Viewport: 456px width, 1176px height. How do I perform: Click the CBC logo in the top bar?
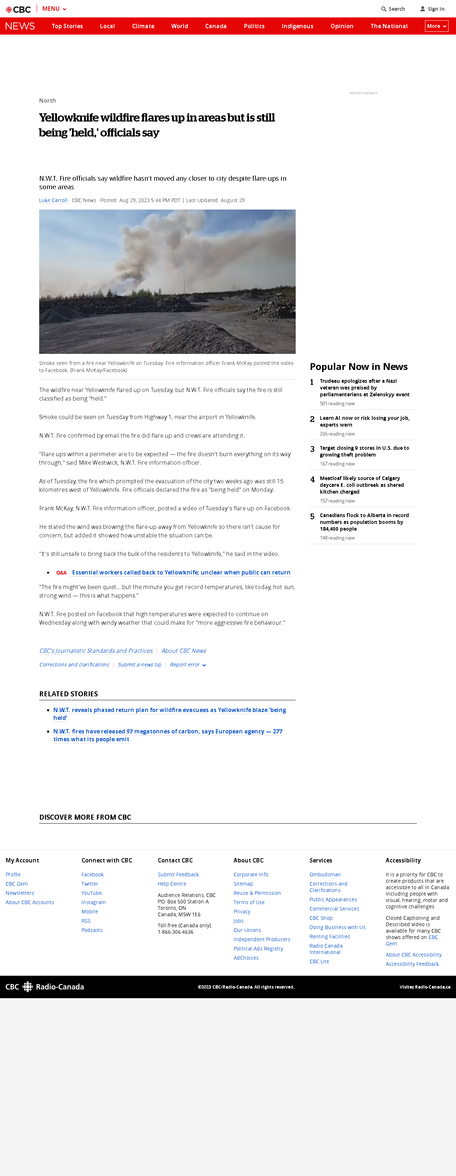tap(18, 9)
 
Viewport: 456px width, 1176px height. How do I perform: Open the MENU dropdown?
tap(54, 9)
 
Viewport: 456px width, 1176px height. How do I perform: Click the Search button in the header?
tap(393, 9)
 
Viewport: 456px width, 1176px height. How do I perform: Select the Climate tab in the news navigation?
tap(143, 26)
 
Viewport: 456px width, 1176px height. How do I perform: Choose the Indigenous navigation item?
tap(297, 26)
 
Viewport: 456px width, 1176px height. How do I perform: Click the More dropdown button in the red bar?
tap(436, 26)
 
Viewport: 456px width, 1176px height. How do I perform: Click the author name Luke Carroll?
tap(53, 200)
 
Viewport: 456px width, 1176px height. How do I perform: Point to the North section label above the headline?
tap(47, 100)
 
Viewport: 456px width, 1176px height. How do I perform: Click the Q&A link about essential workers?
tap(181, 572)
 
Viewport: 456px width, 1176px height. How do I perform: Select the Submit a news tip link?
tap(139, 665)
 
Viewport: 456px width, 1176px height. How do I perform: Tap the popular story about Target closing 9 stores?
tap(364, 451)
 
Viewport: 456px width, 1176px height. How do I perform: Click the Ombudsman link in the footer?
tap(325, 874)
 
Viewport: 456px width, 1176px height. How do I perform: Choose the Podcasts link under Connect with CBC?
tap(92, 930)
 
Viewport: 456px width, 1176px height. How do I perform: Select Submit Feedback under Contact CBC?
tap(178, 874)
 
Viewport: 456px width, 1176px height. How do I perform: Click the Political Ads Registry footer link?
tap(258, 949)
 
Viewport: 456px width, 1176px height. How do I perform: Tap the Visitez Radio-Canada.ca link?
tap(425, 987)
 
